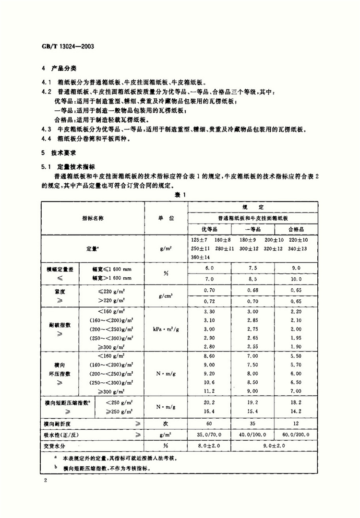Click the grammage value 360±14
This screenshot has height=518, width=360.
tap(201, 258)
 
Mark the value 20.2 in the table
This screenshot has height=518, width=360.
tap(209, 402)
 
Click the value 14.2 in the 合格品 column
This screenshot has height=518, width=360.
tap(296, 411)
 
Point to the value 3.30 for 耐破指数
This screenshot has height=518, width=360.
tap(209, 312)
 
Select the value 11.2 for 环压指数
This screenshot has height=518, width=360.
tap(209, 391)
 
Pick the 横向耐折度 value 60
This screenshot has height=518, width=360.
tap(209, 424)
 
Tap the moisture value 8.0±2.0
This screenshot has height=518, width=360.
tap(209, 445)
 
